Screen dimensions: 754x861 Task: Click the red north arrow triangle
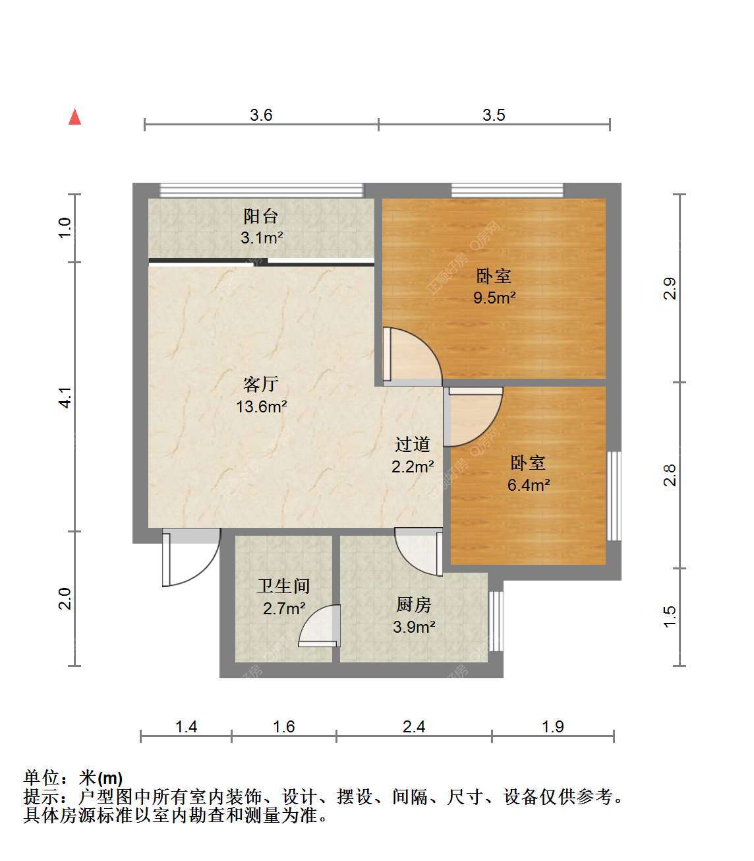coord(75,117)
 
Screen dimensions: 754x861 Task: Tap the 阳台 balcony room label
coord(261,216)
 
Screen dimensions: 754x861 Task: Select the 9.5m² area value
coord(494,298)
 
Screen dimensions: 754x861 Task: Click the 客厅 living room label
coord(261,384)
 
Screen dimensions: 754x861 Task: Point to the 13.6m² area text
coord(262,406)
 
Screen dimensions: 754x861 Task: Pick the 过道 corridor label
coord(412,444)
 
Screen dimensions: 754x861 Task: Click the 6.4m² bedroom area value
coord(529,485)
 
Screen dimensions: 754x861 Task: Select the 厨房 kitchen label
coord(413,604)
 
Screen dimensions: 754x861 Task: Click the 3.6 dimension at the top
coord(261,115)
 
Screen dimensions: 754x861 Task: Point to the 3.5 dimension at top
coord(494,115)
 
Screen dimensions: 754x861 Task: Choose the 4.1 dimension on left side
coord(65,397)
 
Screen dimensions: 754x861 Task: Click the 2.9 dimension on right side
coord(670,288)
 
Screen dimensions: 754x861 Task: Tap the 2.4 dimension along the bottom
coord(414,726)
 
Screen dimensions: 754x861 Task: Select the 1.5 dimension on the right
coord(670,617)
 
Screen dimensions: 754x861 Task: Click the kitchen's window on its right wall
coord(496,622)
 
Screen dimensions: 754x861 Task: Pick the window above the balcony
coord(262,190)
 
